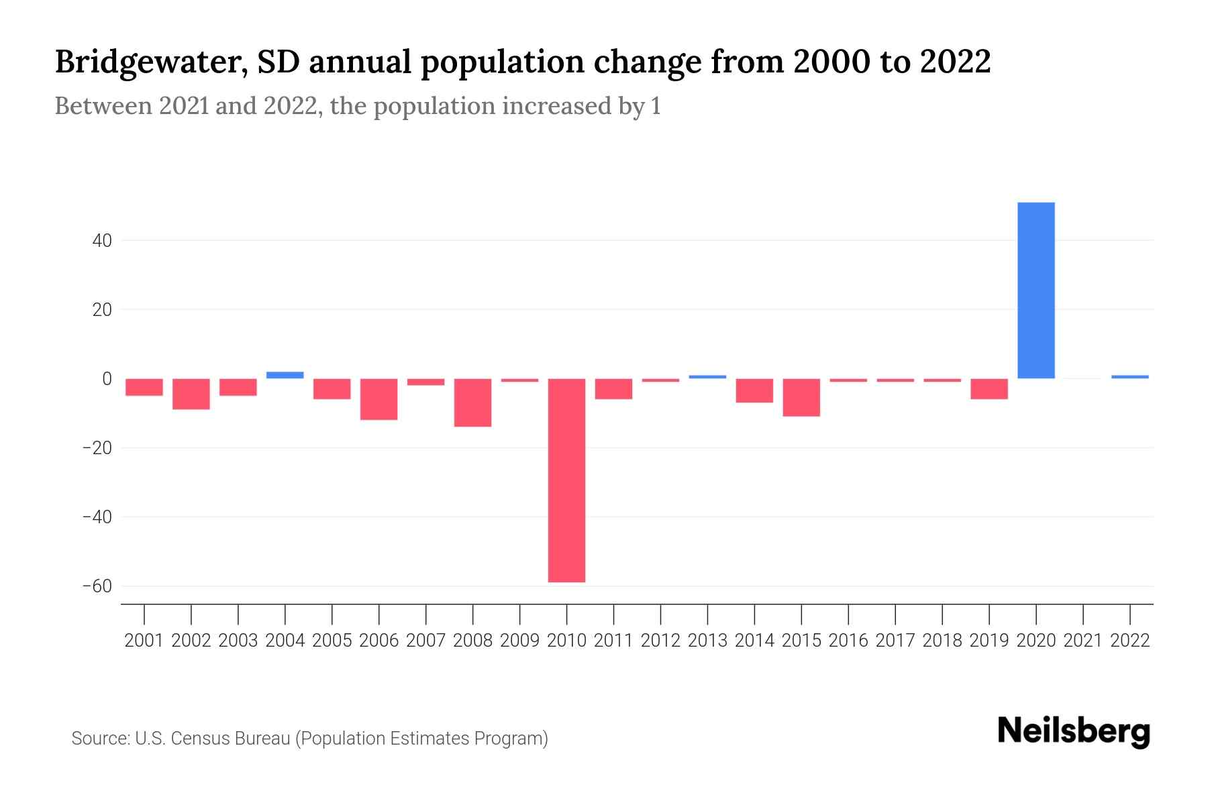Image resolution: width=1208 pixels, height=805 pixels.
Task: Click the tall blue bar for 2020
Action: point(1036,290)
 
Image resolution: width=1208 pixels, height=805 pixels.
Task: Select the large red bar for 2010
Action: point(566,480)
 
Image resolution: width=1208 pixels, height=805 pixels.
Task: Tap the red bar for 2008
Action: point(472,402)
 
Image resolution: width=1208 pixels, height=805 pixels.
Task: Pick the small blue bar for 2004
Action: point(285,375)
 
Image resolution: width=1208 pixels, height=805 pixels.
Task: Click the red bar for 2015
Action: point(801,398)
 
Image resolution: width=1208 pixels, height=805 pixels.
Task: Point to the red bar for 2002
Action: point(191,394)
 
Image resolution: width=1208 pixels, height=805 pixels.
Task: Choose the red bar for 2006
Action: point(379,400)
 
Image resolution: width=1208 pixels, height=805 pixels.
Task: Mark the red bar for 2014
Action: point(754,391)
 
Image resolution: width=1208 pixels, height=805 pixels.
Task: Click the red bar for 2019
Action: point(989,389)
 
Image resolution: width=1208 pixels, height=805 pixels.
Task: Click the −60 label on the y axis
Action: point(97,586)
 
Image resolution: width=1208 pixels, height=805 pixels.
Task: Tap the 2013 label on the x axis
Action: point(707,641)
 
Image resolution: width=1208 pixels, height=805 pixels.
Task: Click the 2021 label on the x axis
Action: point(1083,641)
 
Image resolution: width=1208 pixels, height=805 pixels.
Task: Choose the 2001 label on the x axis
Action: point(144,641)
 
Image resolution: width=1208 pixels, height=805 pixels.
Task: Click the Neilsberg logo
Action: point(1074,731)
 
